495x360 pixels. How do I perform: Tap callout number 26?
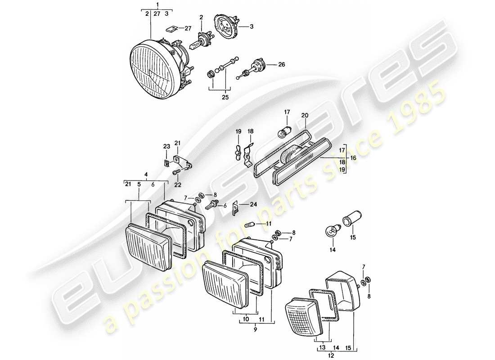[282, 64]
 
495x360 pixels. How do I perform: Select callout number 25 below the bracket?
[225, 97]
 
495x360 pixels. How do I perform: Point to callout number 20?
[305, 115]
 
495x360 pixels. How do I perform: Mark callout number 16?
[353, 158]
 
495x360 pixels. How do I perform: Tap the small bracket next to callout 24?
[235, 207]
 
